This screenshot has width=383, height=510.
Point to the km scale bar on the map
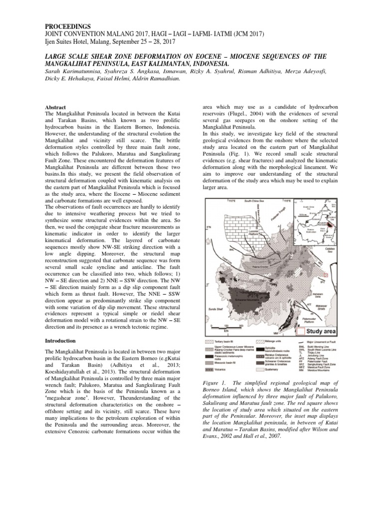point(226,327)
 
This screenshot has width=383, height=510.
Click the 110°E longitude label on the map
point(232,201)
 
